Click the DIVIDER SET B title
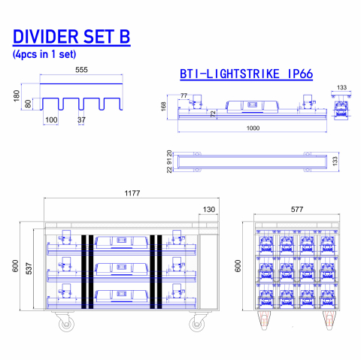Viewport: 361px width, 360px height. point(71,37)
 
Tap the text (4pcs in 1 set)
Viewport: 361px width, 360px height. point(44,54)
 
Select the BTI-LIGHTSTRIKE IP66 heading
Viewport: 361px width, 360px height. point(247,74)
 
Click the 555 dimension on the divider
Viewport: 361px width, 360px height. point(81,70)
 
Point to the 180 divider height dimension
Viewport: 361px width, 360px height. point(17,96)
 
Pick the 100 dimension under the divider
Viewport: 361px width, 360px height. point(51,120)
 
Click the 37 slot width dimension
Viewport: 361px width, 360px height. point(81,120)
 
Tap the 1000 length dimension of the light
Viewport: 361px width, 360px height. point(253,129)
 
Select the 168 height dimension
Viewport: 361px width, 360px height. point(163,107)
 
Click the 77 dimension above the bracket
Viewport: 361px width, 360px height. point(184,95)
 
